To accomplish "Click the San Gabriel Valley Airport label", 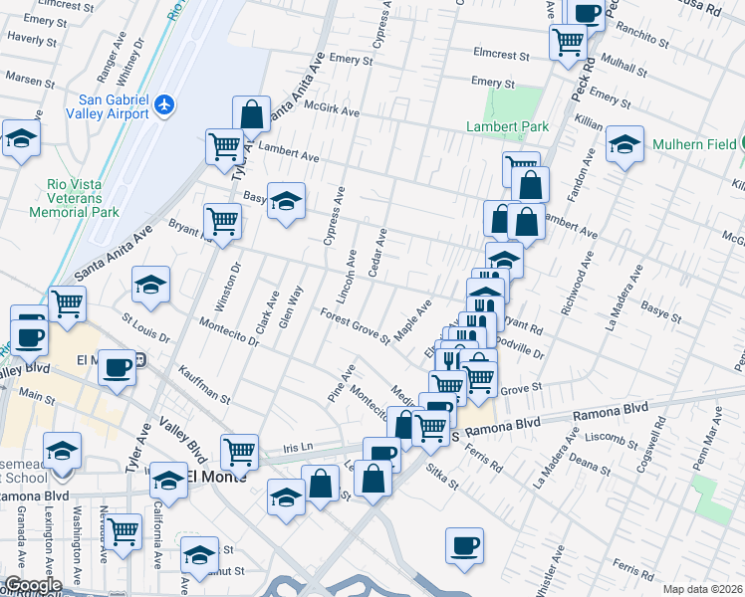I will [x=114, y=106].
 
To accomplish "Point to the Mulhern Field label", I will [x=694, y=144].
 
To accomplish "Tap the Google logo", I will [x=32, y=585].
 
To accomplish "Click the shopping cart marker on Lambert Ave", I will [x=224, y=146].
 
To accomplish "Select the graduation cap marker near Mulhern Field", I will [x=624, y=143].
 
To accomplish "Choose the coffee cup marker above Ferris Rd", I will [x=464, y=545].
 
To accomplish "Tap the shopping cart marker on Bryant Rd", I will [x=222, y=221].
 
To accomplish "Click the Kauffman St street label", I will [x=205, y=384].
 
